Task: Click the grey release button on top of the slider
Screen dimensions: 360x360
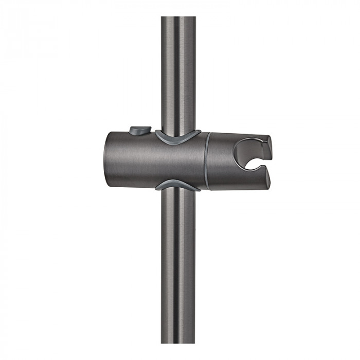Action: coord(140,131)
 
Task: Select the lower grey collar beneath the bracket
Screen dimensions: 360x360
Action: coord(178,185)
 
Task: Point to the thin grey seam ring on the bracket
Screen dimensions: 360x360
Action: coord(207,161)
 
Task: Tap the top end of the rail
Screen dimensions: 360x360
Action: coord(178,20)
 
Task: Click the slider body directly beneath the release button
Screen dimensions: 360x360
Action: coord(140,154)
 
